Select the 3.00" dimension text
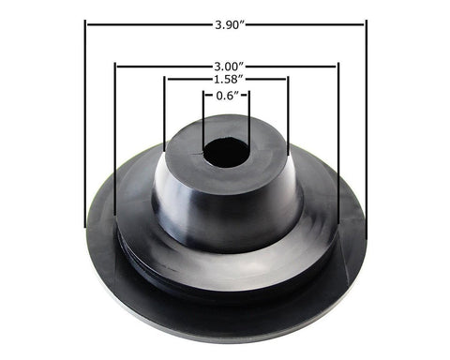225,66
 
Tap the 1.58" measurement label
225,80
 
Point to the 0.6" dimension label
225,96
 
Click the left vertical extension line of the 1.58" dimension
165,112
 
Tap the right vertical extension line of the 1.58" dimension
288,112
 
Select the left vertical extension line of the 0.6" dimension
203,117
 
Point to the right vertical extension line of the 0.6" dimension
248,117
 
